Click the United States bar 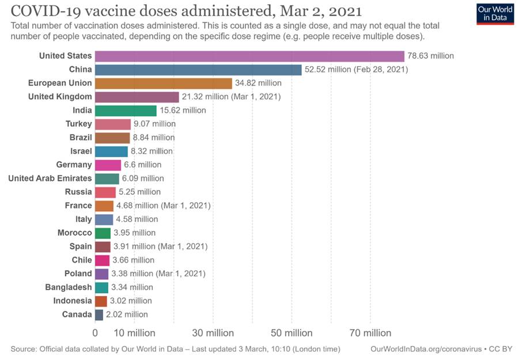point(249,56)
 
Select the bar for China point(198,70)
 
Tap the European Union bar point(164,84)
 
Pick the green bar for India point(126,111)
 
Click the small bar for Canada point(99,314)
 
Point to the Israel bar point(111,151)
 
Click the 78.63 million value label point(430,56)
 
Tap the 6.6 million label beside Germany point(142,165)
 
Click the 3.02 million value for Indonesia point(131,301)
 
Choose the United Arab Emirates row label point(50,179)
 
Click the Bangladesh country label point(69,287)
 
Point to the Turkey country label point(78,124)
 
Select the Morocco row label point(74,233)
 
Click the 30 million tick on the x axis point(213,333)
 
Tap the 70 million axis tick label point(370,333)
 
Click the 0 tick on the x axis point(95,333)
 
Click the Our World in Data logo point(495,14)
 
